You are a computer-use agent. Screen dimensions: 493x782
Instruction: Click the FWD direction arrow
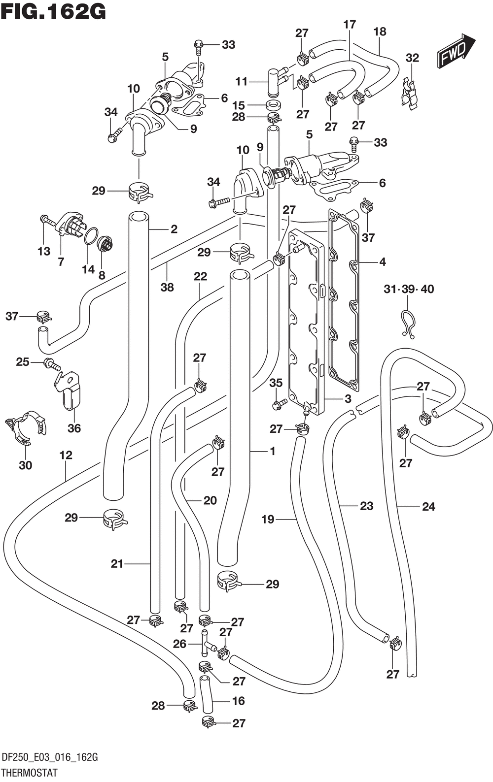tap(455, 50)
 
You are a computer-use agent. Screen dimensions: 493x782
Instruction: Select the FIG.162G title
tap(54, 12)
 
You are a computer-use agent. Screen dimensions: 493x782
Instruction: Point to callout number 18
tap(380, 32)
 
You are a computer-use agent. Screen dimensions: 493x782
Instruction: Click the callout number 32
tap(412, 58)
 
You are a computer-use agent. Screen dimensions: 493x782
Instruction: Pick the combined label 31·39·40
tap(409, 289)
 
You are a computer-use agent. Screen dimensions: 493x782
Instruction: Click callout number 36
tap(74, 428)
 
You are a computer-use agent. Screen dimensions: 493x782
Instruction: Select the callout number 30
tap(26, 465)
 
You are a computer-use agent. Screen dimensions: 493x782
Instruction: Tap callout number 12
tap(66, 455)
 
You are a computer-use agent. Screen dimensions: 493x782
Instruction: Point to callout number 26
tap(179, 644)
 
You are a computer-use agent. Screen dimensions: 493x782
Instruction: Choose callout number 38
tap(167, 287)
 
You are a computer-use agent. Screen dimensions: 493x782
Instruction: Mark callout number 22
tap(200, 276)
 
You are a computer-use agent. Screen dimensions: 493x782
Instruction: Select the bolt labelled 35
tap(279, 404)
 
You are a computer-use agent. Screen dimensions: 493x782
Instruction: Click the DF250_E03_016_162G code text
tap(50, 758)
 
